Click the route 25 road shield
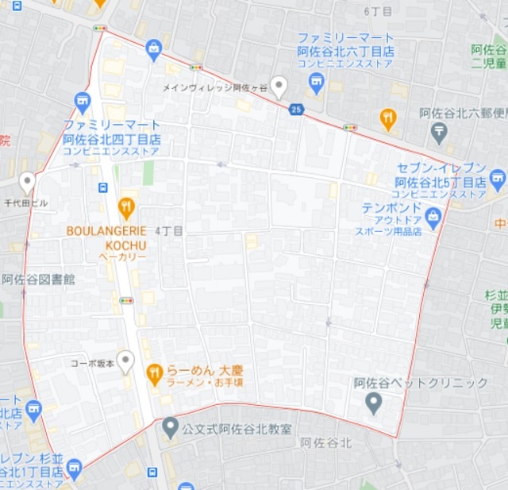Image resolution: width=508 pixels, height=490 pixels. pos(296,109)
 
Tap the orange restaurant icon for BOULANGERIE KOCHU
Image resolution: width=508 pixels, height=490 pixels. pos(126,208)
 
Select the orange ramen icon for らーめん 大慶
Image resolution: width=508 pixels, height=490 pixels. pos(155,371)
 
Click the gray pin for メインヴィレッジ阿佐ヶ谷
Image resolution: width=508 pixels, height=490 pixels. pos(279,86)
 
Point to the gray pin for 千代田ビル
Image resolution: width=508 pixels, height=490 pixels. pos(28,183)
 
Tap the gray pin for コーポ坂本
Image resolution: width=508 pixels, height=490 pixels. pos(125,361)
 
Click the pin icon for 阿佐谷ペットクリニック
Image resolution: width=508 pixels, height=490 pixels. pos(374,402)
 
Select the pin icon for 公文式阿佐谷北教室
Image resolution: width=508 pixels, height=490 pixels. pos(170,427)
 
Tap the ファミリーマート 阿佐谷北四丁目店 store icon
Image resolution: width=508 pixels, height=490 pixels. pos(83,101)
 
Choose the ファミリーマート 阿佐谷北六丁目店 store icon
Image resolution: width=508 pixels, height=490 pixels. pos(317,83)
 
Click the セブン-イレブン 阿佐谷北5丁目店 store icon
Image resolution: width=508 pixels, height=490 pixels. pos(498,176)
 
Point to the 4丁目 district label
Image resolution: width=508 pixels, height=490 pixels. pos(169,231)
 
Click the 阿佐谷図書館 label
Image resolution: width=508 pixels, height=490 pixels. pos(38,280)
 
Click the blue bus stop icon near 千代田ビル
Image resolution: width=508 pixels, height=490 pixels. pos(103,187)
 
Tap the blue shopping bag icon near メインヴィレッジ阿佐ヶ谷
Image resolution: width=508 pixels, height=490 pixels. pos(154,50)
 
